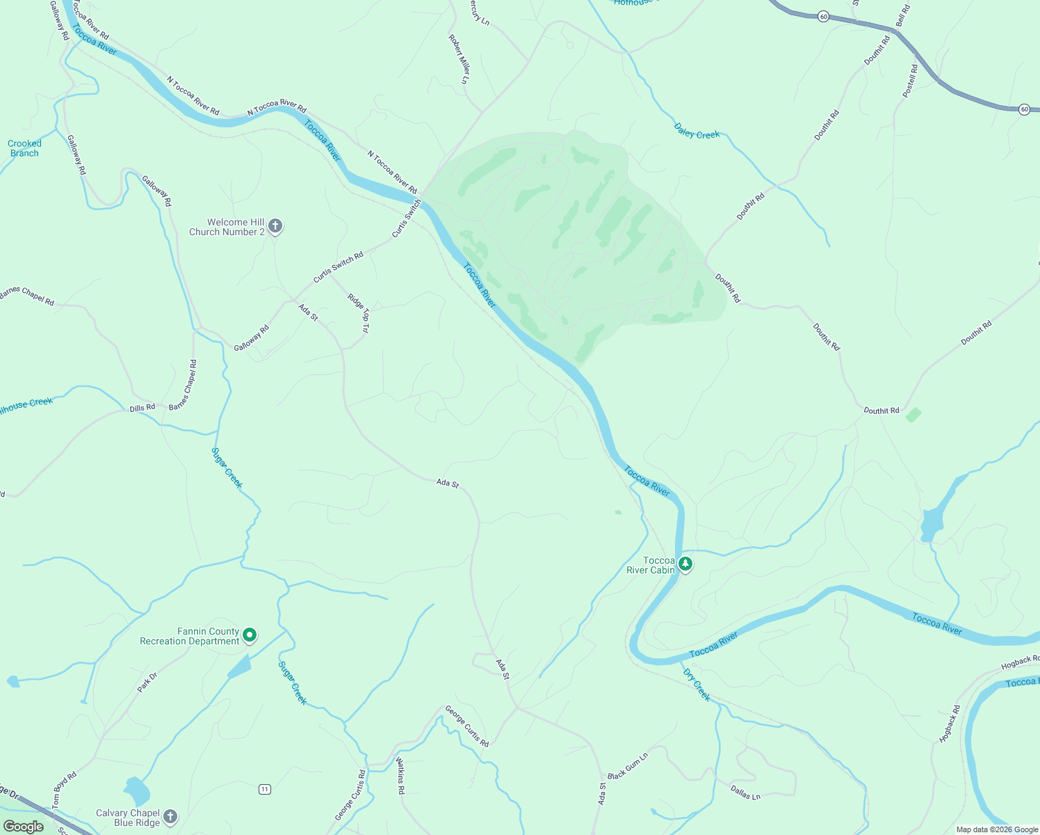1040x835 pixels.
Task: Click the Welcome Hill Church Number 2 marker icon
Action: pyautogui.click(x=275, y=226)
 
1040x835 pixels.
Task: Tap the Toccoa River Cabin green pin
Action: pyautogui.click(x=685, y=564)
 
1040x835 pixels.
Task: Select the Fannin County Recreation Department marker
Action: pyautogui.click(x=250, y=635)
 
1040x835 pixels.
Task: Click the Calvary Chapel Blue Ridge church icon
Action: pyautogui.click(x=170, y=817)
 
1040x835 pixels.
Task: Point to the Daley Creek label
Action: pyautogui.click(x=697, y=131)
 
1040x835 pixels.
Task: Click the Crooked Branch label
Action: pyautogui.click(x=24, y=148)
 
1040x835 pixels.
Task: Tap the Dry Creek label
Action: pyautogui.click(x=697, y=685)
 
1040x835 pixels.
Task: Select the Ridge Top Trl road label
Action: pyautogui.click(x=359, y=312)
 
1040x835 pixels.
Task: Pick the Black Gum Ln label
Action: pyautogui.click(x=628, y=765)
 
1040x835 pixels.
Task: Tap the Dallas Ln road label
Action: pyautogui.click(x=745, y=792)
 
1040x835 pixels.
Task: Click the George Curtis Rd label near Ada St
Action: pyautogui.click(x=467, y=726)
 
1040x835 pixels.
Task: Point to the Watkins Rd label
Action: pyautogui.click(x=400, y=776)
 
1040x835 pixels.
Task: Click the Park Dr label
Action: pyautogui.click(x=147, y=682)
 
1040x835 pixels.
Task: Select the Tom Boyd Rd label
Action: pyautogui.click(x=65, y=789)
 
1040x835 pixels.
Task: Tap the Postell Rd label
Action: pyautogui.click(x=910, y=81)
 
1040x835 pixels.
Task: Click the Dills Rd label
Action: pyautogui.click(x=143, y=408)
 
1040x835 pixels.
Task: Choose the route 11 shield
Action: pyautogui.click(x=264, y=789)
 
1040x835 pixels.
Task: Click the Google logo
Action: pyautogui.click(x=24, y=827)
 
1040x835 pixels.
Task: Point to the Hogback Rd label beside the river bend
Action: pyautogui.click(x=950, y=724)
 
